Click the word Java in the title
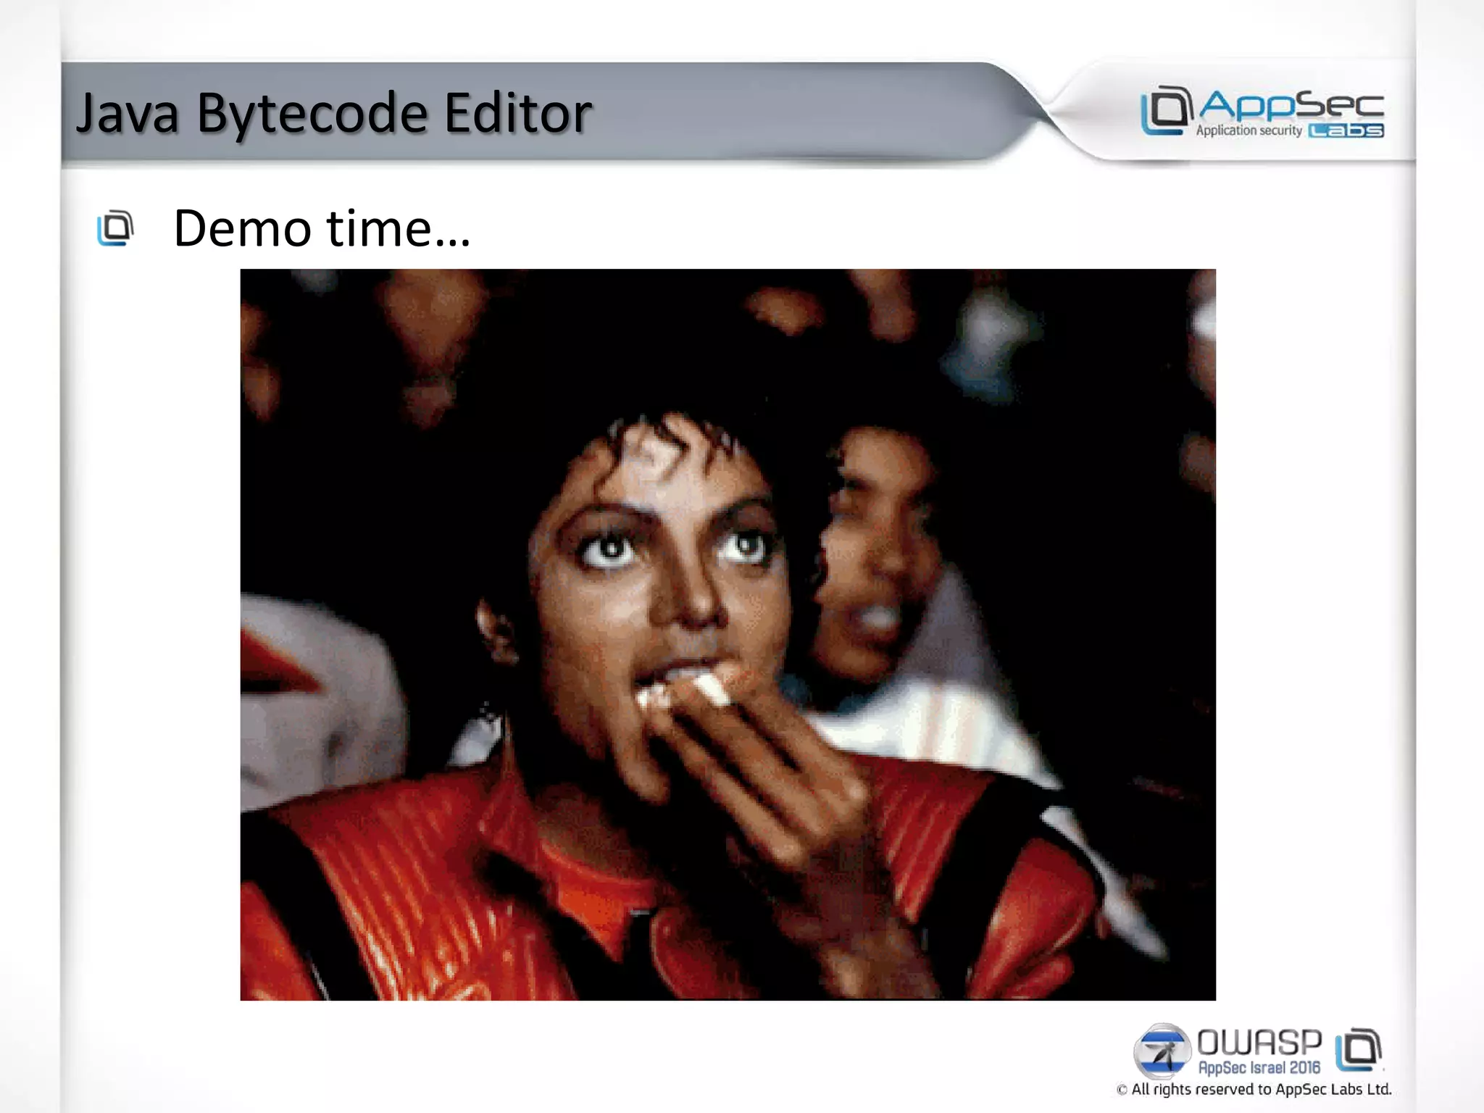tap(128, 114)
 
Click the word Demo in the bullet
tap(242, 229)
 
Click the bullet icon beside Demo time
tap(116, 228)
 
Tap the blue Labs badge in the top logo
tap(1346, 131)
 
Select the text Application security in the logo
tap(1249, 131)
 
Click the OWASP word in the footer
tap(1259, 1043)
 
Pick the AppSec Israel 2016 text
tap(1259, 1068)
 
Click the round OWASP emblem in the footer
tap(1162, 1051)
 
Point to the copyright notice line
tap(1254, 1090)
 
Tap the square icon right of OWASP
tap(1359, 1049)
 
